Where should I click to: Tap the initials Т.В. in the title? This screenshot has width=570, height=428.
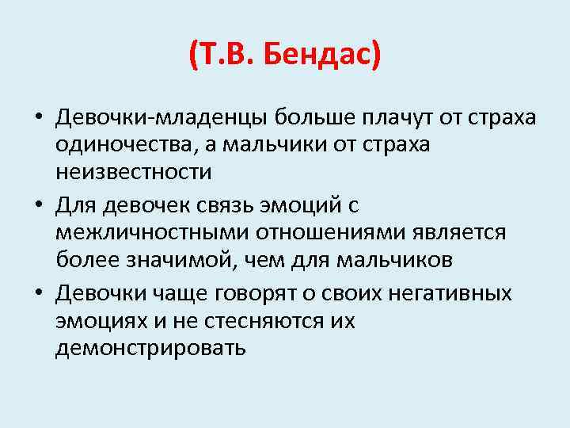[228, 55]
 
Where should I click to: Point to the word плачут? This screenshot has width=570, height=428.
[391, 118]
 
